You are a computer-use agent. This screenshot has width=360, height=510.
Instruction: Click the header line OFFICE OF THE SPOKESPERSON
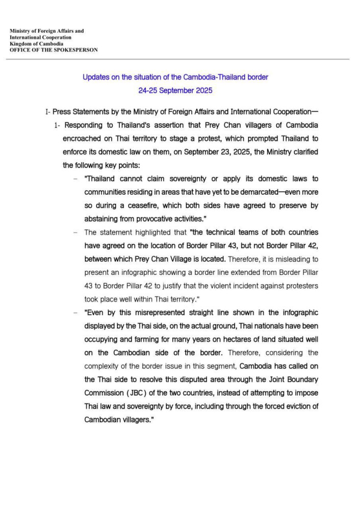(54, 50)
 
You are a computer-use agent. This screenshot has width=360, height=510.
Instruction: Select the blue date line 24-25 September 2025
(175, 90)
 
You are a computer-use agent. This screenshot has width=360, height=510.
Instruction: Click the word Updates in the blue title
(95, 77)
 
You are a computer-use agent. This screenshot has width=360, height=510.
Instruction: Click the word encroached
(84, 139)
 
